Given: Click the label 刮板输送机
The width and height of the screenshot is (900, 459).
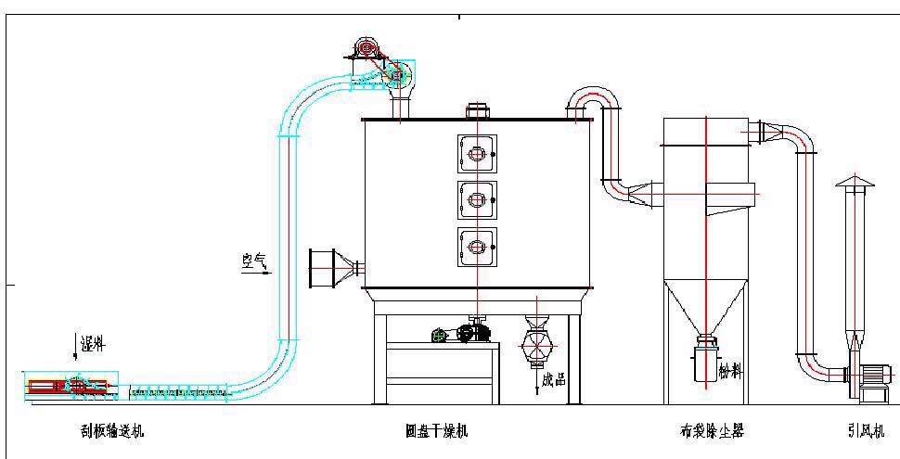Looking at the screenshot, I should click(111, 431).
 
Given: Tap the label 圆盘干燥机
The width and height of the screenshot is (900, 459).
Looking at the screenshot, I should click(437, 431).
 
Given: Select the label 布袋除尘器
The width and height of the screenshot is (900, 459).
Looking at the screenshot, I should click(712, 431).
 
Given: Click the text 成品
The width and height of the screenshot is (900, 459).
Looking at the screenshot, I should click(553, 377).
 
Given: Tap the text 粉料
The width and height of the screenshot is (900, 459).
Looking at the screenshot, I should click(731, 370).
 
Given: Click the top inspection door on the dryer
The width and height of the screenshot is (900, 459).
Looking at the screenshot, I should click(477, 152).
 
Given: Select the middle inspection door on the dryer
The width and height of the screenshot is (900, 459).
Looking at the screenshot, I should click(477, 199).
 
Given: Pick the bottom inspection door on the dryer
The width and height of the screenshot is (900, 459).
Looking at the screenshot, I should click(477, 247).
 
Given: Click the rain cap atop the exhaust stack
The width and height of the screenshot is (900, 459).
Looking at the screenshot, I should click(855, 181).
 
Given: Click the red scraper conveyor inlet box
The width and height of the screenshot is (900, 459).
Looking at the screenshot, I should click(47, 386).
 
